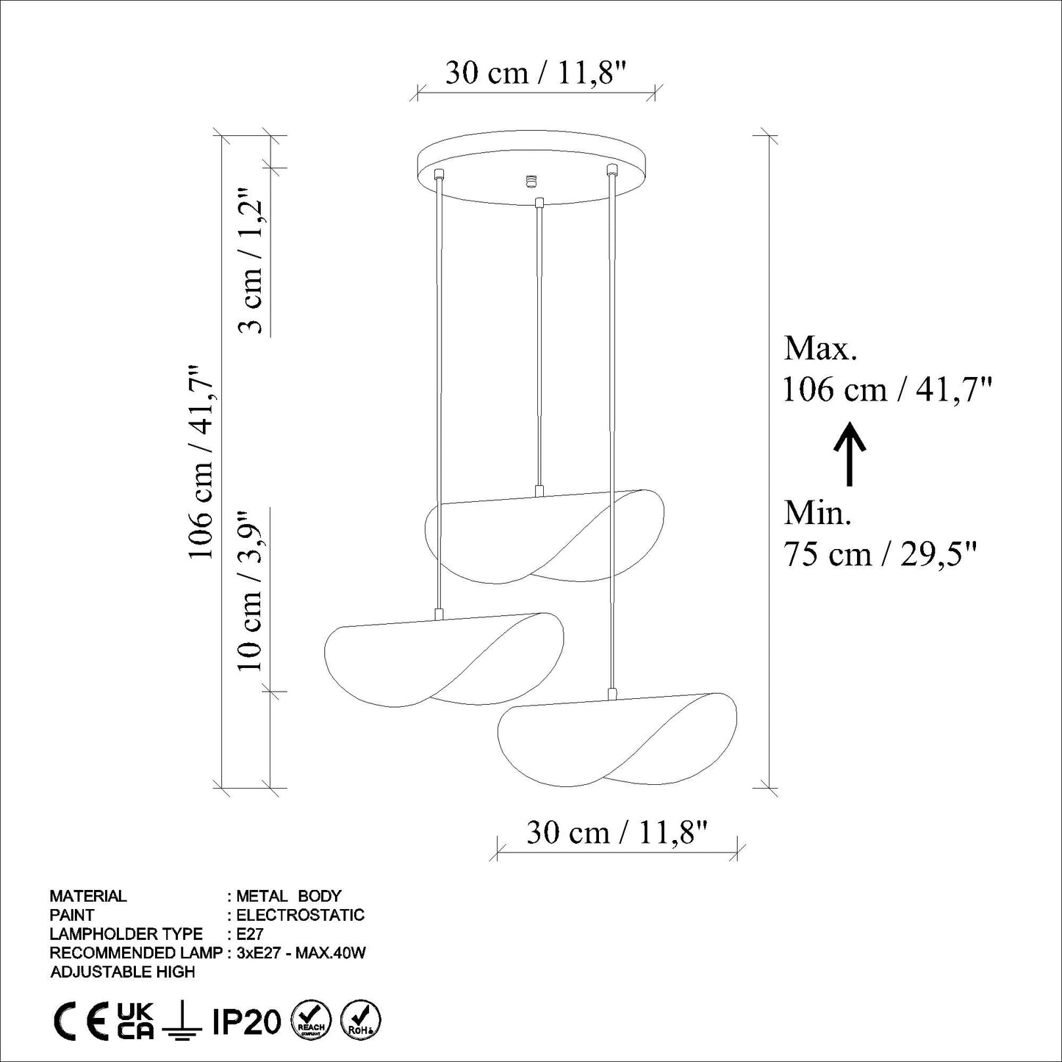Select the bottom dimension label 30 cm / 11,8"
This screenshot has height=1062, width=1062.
point(617,832)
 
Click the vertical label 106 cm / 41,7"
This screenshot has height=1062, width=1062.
point(201,462)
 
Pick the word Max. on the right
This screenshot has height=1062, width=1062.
point(821,349)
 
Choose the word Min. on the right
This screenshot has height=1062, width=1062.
point(818,513)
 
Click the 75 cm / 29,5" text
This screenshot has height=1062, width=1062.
point(880,554)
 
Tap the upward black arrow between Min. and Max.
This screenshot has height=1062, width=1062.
point(850,453)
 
